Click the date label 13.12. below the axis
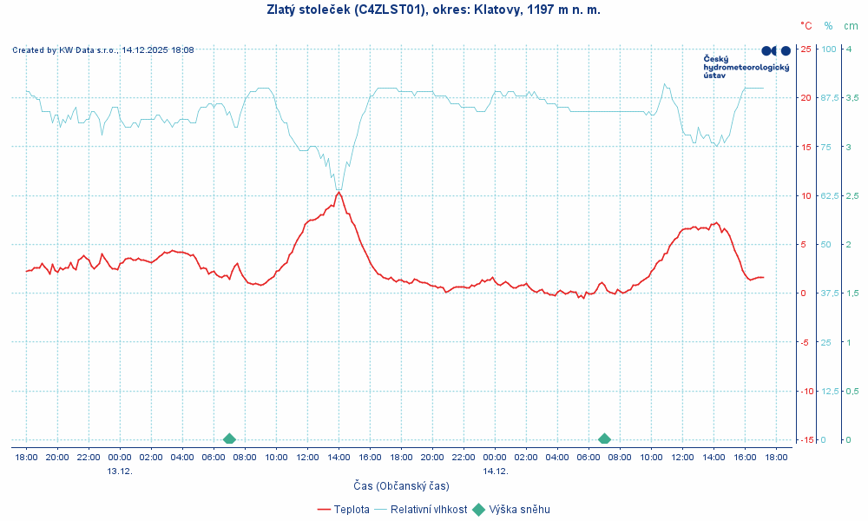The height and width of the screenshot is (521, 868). click(x=120, y=471)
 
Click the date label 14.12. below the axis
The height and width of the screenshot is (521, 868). click(x=495, y=471)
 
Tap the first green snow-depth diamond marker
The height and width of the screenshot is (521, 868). click(x=229, y=439)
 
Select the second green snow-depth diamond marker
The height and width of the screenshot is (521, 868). click(x=604, y=439)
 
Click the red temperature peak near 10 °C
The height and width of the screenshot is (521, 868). click(x=339, y=192)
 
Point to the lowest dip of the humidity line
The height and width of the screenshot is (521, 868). click(x=339, y=189)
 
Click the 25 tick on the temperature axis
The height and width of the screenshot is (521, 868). click(x=806, y=49)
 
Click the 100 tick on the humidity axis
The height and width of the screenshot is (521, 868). click(x=828, y=49)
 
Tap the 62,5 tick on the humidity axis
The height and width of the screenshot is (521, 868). click(x=829, y=195)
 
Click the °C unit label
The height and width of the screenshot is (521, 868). click(x=806, y=26)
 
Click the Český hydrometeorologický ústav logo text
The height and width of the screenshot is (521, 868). click(x=746, y=67)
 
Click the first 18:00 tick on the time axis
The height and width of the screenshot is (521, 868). click(x=26, y=457)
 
